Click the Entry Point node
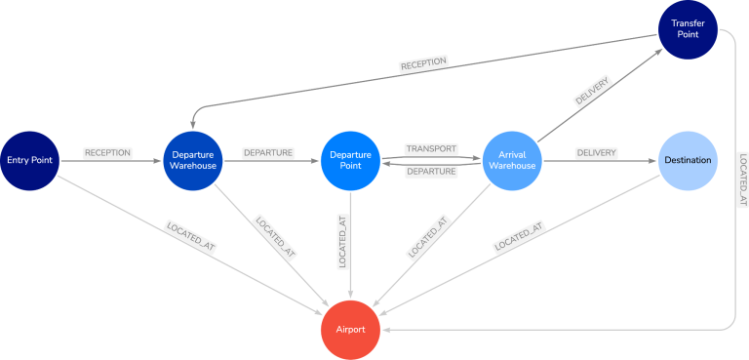30,160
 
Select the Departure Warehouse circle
193,160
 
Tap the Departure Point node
350,160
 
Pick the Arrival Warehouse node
513,160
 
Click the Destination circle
689,160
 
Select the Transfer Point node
689,30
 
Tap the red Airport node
350,330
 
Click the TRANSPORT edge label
430,149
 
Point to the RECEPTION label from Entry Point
107,153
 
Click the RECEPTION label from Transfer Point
423,63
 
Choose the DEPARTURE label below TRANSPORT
431,171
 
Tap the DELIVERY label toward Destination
596,153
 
